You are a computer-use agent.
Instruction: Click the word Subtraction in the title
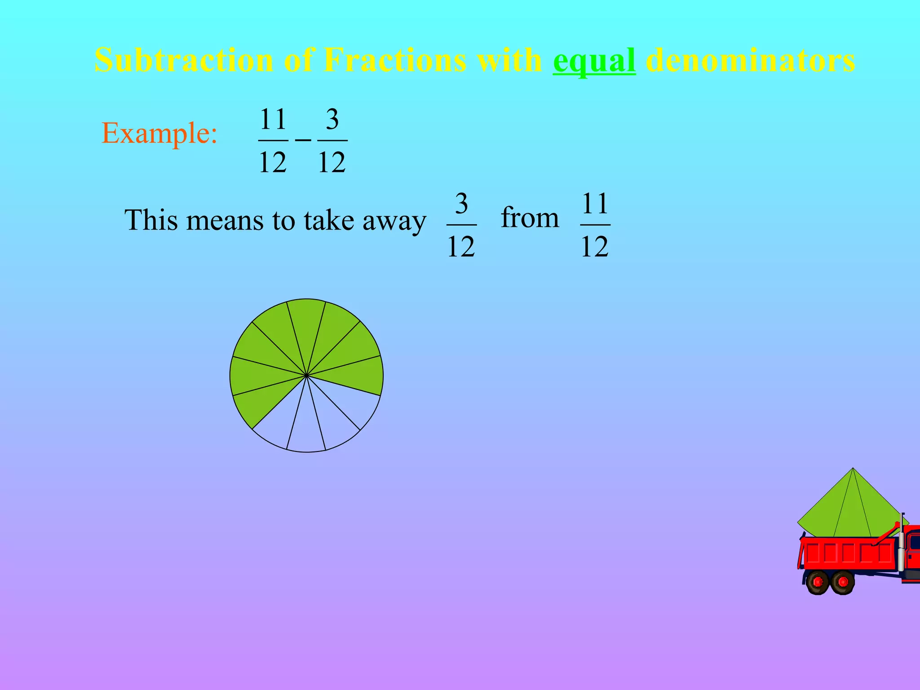point(184,60)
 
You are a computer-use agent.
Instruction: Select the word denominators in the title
point(750,60)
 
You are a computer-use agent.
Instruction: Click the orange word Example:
point(159,133)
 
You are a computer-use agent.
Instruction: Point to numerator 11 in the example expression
point(273,119)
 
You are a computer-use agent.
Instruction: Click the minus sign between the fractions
point(303,140)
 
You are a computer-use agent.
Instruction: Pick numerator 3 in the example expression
point(332,119)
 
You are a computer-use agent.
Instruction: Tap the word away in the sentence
point(394,221)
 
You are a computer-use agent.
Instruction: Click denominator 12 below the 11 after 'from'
point(595,246)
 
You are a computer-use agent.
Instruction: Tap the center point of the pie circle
point(306,375)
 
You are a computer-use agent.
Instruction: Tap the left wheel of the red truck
point(818,582)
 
